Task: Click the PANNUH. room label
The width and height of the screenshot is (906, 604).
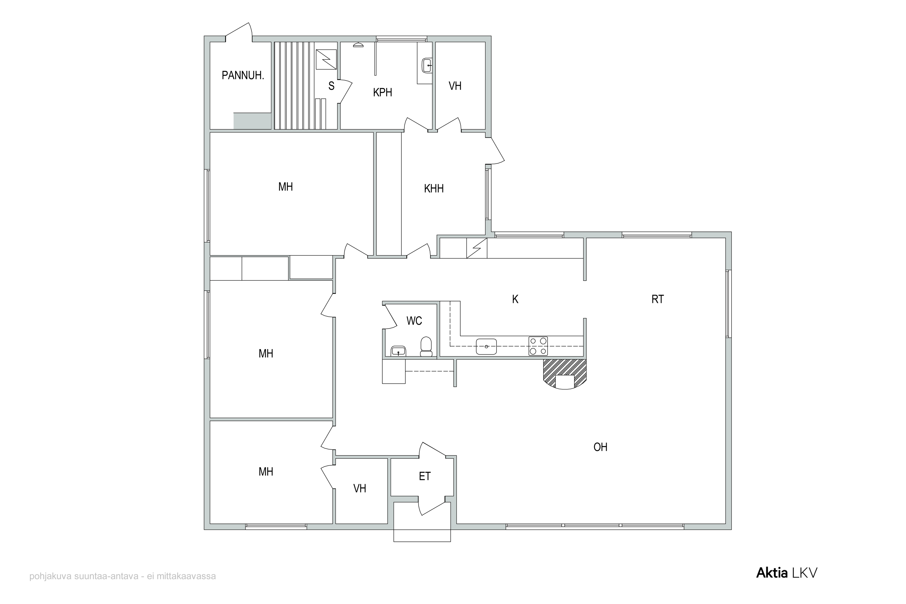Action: tap(243, 75)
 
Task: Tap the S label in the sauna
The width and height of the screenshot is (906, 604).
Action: tap(331, 86)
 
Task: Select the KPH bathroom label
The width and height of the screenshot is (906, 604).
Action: tap(383, 92)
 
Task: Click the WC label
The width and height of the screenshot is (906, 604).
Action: tap(414, 320)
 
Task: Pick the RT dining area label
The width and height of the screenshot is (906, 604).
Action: tap(657, 299)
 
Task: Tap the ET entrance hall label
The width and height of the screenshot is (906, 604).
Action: tap(425, 477)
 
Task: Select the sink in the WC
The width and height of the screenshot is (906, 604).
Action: tap(398, 351)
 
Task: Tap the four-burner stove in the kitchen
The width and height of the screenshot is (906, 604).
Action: tap(538, 346)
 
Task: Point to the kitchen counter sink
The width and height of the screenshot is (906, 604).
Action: tap(486, 346)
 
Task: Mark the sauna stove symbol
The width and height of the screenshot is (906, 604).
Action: tap(326, 60)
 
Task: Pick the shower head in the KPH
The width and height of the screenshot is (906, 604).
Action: tap(358, 45)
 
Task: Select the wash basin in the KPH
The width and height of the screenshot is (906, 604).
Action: tap(427, 66)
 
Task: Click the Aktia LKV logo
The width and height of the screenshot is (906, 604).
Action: tap(787, 583)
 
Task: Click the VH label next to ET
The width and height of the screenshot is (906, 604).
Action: tap(359, 488)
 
